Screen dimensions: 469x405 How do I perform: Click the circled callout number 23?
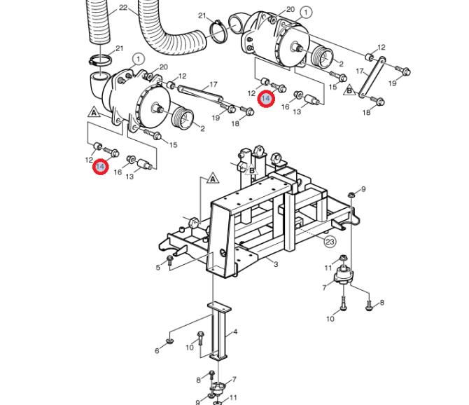click(330, 241)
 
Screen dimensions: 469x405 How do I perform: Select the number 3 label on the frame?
click(276, 264)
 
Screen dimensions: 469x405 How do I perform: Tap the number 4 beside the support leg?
click(235, 331)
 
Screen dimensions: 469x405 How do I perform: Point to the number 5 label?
click(158, 267)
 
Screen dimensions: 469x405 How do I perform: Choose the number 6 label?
click(157, 350)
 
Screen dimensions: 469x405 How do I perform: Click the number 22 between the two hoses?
click(123, 8)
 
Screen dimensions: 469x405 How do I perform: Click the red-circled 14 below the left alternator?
click(100, 167)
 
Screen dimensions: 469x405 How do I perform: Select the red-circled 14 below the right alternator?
click(265, 99)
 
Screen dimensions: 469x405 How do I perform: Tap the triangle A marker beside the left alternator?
click(94, 112)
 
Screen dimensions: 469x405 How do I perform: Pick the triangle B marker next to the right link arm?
click(349, 90)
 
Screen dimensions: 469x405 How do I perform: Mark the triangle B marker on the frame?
click(252, 170)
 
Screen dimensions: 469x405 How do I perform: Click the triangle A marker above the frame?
click(213, 178)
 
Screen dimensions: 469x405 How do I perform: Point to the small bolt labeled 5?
click(170, 260)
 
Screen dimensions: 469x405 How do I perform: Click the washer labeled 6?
click(171, 341)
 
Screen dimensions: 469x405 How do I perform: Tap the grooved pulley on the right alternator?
click(323, 57)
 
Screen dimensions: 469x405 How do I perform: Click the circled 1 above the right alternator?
click(306, 13)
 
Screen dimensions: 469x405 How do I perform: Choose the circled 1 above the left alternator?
click(138, 60)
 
